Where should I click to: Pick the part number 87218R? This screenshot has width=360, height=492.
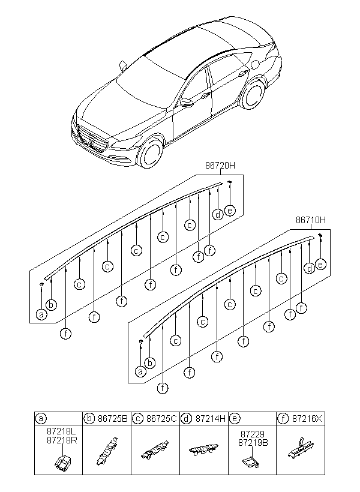(x=58, y=440)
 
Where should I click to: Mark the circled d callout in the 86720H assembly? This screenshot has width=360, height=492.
(x=217, y=214)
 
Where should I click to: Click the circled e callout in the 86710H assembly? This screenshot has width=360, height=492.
(x=320, y=265)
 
